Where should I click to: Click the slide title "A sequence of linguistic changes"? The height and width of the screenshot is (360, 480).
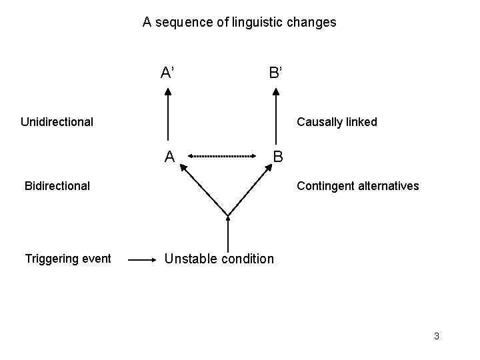click(x=239, y=22)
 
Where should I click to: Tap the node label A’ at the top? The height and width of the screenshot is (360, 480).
click(x=168, y=72)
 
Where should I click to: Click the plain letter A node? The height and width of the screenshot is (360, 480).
click(x=170, y=157)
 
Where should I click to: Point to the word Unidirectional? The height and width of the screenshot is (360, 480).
click(x=57, y=121)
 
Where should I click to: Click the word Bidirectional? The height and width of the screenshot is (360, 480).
click(x=57, y=185)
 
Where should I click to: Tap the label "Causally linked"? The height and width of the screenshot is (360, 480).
click(x=337, y=121)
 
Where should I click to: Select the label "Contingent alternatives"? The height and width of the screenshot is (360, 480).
click(x=358, y=185)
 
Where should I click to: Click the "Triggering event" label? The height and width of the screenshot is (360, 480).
click(x=67, y=259)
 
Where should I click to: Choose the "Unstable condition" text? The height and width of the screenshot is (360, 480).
click(x=219, y=259)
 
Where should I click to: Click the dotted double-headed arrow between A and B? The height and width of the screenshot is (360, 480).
click(x=222, y=156)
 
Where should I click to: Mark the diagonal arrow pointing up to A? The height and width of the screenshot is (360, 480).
click(x=203, y=191)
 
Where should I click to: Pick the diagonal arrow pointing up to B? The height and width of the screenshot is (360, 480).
click(x=251, y=191)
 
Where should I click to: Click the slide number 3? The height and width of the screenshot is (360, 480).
click(x=436, y=336)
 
